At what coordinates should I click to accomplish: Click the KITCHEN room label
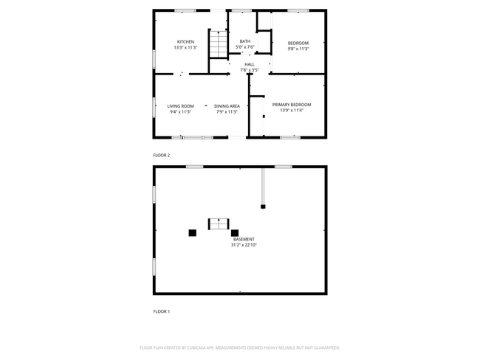click(x=185, y=42)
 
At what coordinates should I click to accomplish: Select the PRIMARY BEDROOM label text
click(x=291, y=105)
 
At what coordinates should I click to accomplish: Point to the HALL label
click(x=250, y=64)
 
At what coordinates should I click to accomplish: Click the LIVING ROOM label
click(x=180, y=106)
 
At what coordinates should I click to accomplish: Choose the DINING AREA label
click(x=227, y=106)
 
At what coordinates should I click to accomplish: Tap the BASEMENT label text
click(x=244, y=239)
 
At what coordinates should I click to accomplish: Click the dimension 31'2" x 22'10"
click(x=244, y=245)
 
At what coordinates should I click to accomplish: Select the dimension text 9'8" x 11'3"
click(x=298, y=48)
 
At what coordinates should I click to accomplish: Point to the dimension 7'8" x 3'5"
click(x=250, y=70)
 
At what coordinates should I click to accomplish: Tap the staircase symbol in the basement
click(x=219, y=224)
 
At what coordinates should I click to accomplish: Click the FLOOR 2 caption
click(x=161, y=155)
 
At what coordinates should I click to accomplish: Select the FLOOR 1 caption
click(x=161, y=311)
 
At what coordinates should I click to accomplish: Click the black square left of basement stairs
click(x=192, y=232)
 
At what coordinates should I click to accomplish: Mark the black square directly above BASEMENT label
click(x=235, y=232)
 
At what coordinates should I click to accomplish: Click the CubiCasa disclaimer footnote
click(x=239, y=347)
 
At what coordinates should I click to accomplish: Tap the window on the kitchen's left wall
click(x=154, y=57)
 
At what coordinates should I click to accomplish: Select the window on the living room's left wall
click(x=154, y=107)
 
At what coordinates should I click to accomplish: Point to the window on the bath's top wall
click(x=241, y=10)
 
